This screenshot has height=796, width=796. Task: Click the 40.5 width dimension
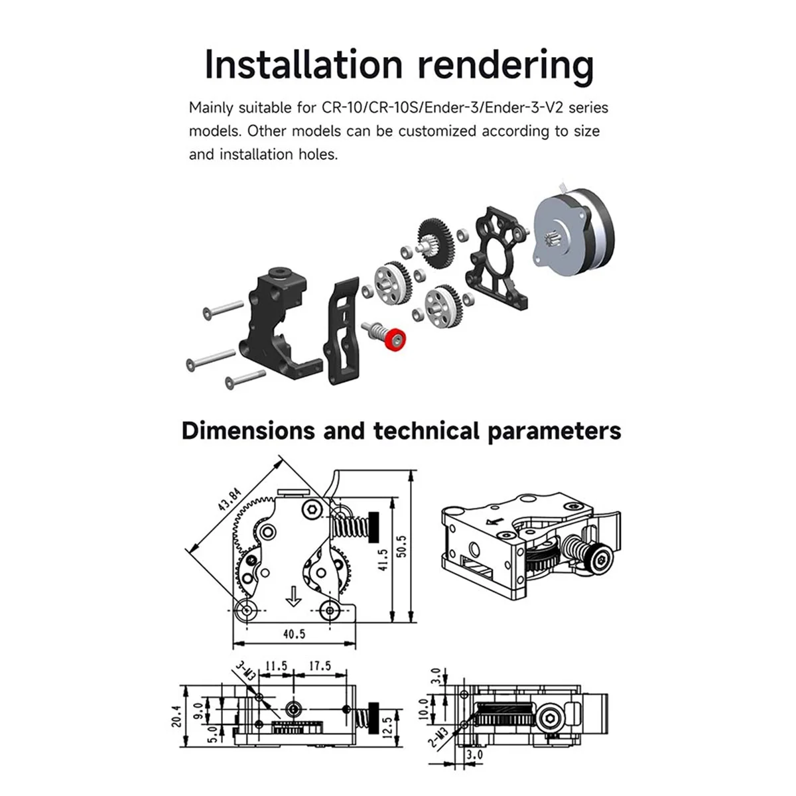tap(294, 633)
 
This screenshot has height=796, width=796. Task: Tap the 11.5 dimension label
tap(276, 665)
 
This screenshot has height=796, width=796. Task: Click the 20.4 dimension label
tap(176, 715)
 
